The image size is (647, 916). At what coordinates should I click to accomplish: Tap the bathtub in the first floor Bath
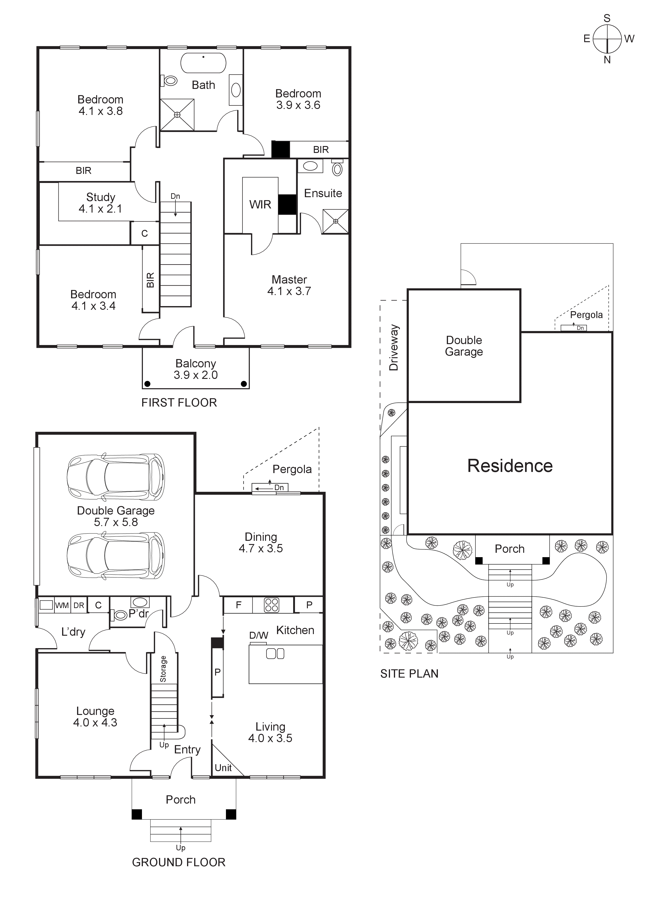click(x=203, y=63)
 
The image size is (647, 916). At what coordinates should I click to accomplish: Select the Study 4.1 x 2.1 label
click(x=101, y=203)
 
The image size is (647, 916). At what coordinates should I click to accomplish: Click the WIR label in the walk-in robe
click(x=260, y=205)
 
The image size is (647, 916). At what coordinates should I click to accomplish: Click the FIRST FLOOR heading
click(x=179, y=403)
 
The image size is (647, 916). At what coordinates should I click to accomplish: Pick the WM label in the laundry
click(x=62, y=605)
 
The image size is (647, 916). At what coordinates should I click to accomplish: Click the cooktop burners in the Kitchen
click(x=272, y=605)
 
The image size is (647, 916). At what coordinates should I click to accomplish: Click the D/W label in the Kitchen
click(x=258, y=635)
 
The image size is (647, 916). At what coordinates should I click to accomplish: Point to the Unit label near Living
click(x=223, y=768)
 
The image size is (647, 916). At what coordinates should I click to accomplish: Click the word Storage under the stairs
click(x=163, y=669)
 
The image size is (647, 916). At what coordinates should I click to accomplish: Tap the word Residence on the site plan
click(x=510, y=466)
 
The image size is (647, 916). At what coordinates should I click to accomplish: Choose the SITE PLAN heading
click(x=409, y=674)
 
